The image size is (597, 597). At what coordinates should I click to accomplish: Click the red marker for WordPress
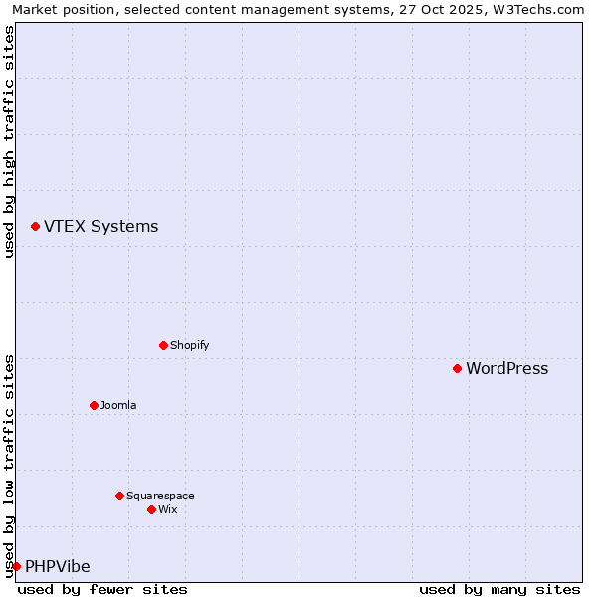(457, 368)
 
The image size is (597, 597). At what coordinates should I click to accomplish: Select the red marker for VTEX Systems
(35, 226)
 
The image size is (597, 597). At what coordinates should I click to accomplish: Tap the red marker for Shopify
(163, 345)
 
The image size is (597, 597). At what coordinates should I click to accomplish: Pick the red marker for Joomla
(94, 405)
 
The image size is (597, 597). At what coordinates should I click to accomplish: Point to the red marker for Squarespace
(119, 496)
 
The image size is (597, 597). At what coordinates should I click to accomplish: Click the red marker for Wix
(151, 509)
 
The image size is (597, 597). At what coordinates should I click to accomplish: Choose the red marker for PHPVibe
(16, 566)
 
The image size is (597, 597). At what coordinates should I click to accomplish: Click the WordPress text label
(506, 368)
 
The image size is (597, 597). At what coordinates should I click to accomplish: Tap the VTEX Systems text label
(100, 226)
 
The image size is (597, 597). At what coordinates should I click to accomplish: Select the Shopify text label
(189, 345)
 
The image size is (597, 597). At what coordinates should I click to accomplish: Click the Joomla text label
(118, 405)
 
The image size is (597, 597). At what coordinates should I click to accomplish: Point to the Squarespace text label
(160, 496)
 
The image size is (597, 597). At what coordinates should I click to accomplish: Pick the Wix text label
(167, 509)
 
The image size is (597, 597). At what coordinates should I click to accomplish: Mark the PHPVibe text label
(57, 566)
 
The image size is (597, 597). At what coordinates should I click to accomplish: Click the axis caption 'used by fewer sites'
(102, 589)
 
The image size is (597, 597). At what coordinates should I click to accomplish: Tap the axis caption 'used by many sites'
(499, 589)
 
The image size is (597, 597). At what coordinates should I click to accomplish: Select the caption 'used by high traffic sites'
(9, 141)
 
